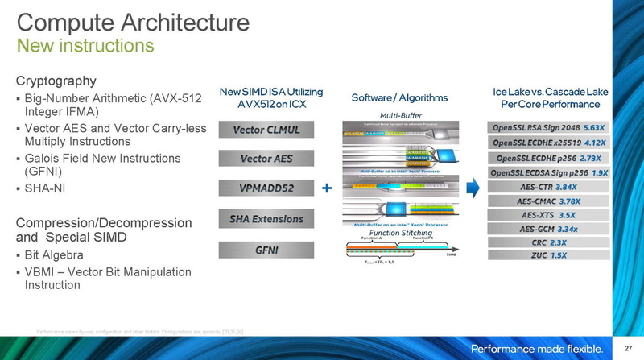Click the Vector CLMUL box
266,130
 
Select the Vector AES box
266,159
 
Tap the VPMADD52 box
266,188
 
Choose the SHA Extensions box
266,218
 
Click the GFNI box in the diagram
266,249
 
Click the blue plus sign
326,188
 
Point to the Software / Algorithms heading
399,97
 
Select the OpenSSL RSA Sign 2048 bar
547,128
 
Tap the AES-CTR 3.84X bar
547,187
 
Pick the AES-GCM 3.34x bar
547,228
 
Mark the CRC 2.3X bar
547,242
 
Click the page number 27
627,348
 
